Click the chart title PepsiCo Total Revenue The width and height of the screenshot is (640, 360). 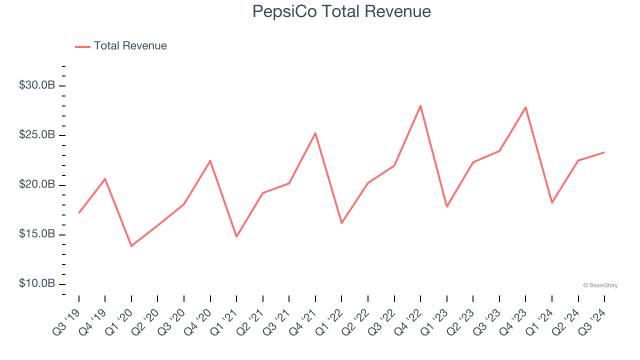(341, 11)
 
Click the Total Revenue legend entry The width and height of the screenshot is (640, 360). (121, 46)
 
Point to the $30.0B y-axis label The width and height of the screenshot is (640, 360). (37, 85)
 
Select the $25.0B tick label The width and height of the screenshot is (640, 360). (37, 135)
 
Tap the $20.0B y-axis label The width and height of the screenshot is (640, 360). (37, 184)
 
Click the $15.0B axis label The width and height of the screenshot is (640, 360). (37, 234)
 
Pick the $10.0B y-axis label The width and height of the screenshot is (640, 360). (37, 283)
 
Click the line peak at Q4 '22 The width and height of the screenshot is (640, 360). (420, 105)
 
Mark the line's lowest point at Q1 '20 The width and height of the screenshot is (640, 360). (131, 245)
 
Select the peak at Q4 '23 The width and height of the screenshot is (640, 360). (525, 107)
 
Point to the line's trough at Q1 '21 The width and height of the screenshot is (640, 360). (236, 236)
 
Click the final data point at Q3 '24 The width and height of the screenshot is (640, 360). (604, 152)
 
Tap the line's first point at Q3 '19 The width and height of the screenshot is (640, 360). (79, 212)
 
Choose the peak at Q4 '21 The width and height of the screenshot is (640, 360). (315, 133)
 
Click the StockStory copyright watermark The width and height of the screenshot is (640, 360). (600, 285)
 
